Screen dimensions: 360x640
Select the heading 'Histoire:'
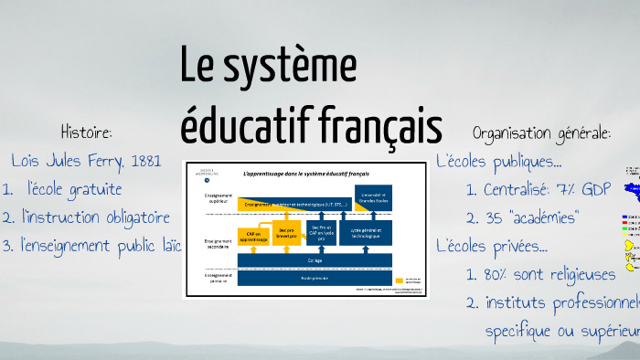(86, 133)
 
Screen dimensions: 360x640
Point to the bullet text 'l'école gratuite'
(75, 189)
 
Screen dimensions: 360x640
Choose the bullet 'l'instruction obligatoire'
(96, 217)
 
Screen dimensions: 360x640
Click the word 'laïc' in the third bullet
(167, 245)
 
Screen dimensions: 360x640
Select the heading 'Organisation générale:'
(542, 133)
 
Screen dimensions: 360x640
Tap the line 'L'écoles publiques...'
(499, 162)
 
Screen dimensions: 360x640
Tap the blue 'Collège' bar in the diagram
(315, 260)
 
